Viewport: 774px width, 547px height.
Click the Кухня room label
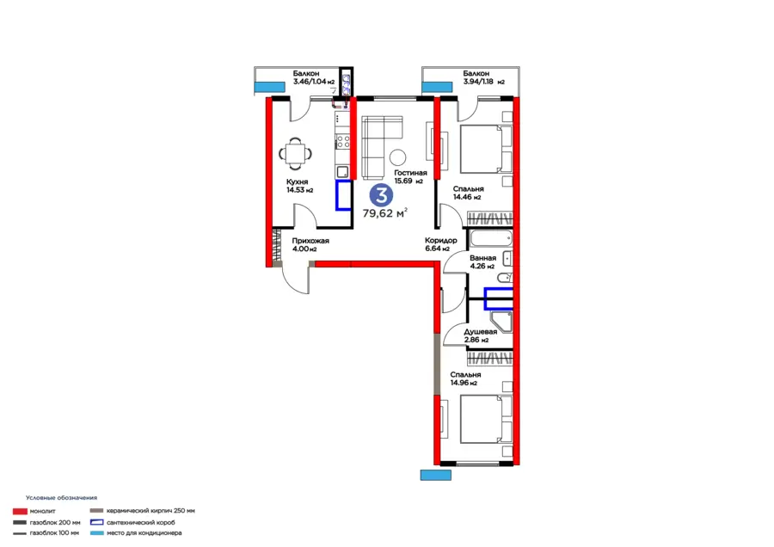click(x=297, y=181)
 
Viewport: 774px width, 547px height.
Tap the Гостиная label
click(x=410, y=173)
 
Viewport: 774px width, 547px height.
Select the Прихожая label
click(x=310, y=241)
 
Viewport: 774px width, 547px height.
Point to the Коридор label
click(x=441, y=241)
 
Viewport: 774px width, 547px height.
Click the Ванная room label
click(x=482, y=258)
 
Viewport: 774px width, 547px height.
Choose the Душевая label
click(x=480, y=332)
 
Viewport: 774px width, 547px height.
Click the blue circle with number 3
click(x=382, y=195)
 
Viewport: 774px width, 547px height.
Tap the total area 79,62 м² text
click(x=385, y=213)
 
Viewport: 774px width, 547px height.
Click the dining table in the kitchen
click(x=295, y=154)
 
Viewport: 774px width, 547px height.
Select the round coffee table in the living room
click(x=397, y=157)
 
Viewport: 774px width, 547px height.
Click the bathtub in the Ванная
click(x=491, y=238)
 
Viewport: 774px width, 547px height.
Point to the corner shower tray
click(x=501, y=321)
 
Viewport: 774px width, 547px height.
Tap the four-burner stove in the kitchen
click(x=343, y=142)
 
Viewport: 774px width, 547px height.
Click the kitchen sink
click(x=342, y=172)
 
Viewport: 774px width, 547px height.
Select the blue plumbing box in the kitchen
click(x=343, y=195)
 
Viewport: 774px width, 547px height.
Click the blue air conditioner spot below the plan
click(x=435, y=475)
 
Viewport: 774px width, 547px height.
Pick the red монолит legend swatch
click(x=20, y=512)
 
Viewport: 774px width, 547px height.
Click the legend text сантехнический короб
click(x=141, y=522)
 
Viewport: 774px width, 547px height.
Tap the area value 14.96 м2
click(x=464, y=383)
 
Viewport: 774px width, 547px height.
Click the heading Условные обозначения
click(x=61, y=498)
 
